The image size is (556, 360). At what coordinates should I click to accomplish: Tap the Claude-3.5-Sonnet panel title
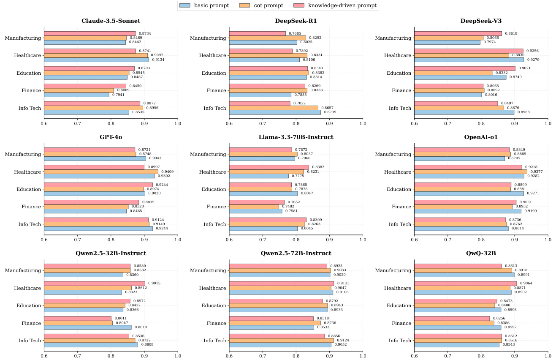coord(111,21)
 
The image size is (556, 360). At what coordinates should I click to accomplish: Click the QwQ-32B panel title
coord(481,253)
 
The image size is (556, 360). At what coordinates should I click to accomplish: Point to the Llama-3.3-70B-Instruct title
coord(296,137)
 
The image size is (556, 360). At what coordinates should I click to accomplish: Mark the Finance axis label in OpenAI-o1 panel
coord(402,207)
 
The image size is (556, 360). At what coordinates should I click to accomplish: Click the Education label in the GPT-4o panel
coord(29,189)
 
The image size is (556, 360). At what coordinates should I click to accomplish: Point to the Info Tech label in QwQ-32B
coord(399,341)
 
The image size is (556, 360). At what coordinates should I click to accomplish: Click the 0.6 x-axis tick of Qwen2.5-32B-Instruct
coord(44,356)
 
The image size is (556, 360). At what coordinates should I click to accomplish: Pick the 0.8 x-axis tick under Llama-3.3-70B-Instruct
coord(296,240)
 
